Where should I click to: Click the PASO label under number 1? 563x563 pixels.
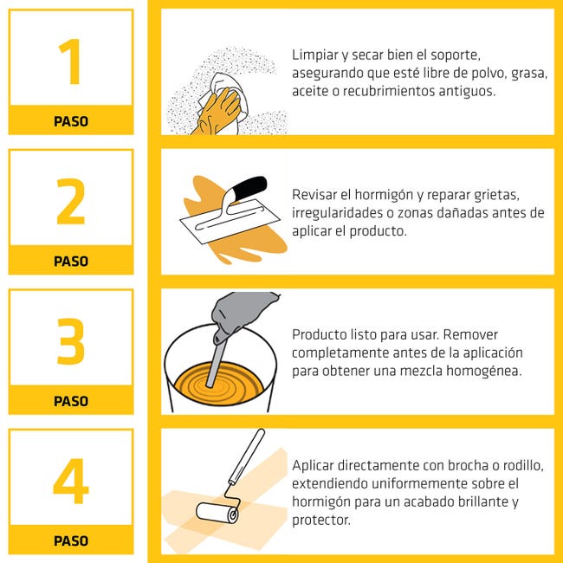click(x=71, y=121)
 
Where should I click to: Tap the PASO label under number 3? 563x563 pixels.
click(x=71, y=401)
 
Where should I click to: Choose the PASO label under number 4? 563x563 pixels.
click(x=71, y=540)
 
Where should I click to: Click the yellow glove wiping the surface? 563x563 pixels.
click(x=222, y=108)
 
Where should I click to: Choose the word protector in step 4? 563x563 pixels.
click(x=320, y=520)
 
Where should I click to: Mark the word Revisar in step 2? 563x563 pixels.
click(x=315, y=195)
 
